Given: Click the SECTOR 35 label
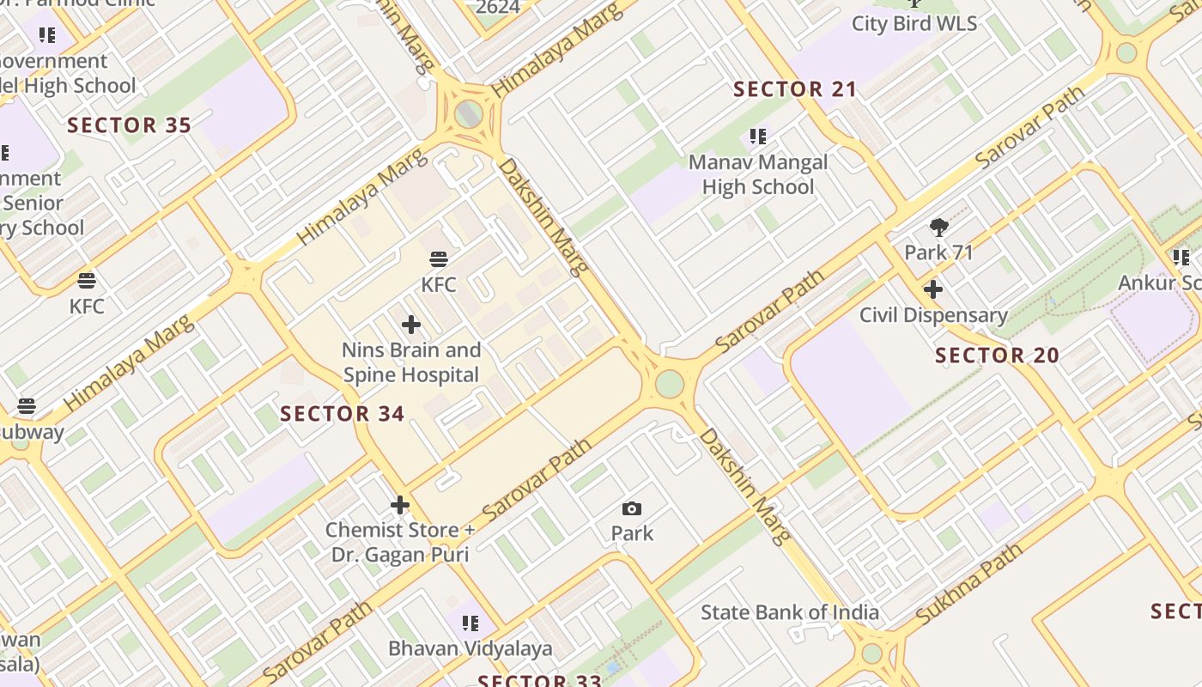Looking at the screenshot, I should pos(129,125).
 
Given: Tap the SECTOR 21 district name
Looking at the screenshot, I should pos(795,89).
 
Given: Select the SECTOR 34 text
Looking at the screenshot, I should pos(342,414).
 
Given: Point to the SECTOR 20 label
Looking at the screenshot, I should pos(997,356).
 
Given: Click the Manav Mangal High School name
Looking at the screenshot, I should pos(758,174).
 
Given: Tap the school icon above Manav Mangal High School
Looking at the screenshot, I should pos(757,136).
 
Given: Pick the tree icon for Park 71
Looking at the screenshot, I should pos(939,228).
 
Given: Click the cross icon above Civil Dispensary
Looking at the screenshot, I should pos(933,289).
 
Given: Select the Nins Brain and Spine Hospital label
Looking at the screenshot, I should pos(410,362).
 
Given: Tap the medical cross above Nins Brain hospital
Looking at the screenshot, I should pos(411,325).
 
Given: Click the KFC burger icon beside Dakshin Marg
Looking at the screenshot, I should pos(439,258).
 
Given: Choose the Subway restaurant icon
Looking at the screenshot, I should pos(27,406).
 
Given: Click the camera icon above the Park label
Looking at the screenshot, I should pos(632,508).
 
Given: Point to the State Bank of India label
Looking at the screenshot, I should pos(789,612).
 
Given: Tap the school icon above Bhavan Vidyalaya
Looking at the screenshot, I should pos(470,623).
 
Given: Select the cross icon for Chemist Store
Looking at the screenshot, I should pos(399,505).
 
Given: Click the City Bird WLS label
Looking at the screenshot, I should pos(914,23).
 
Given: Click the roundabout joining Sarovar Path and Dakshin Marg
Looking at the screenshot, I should pos(669,383).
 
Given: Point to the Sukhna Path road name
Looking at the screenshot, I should pos(968,584).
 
